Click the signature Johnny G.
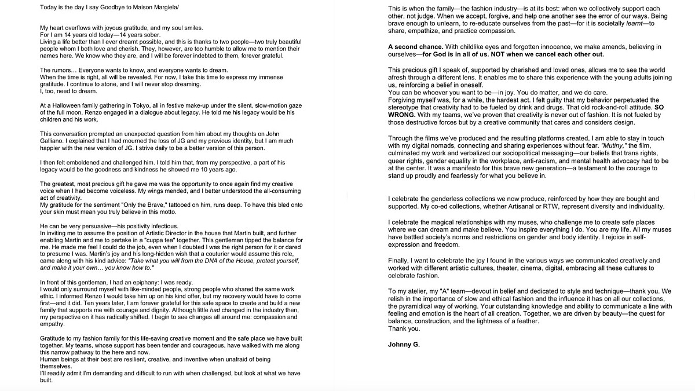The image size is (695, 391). coord(404,345)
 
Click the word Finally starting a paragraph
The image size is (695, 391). coord(398,260)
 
